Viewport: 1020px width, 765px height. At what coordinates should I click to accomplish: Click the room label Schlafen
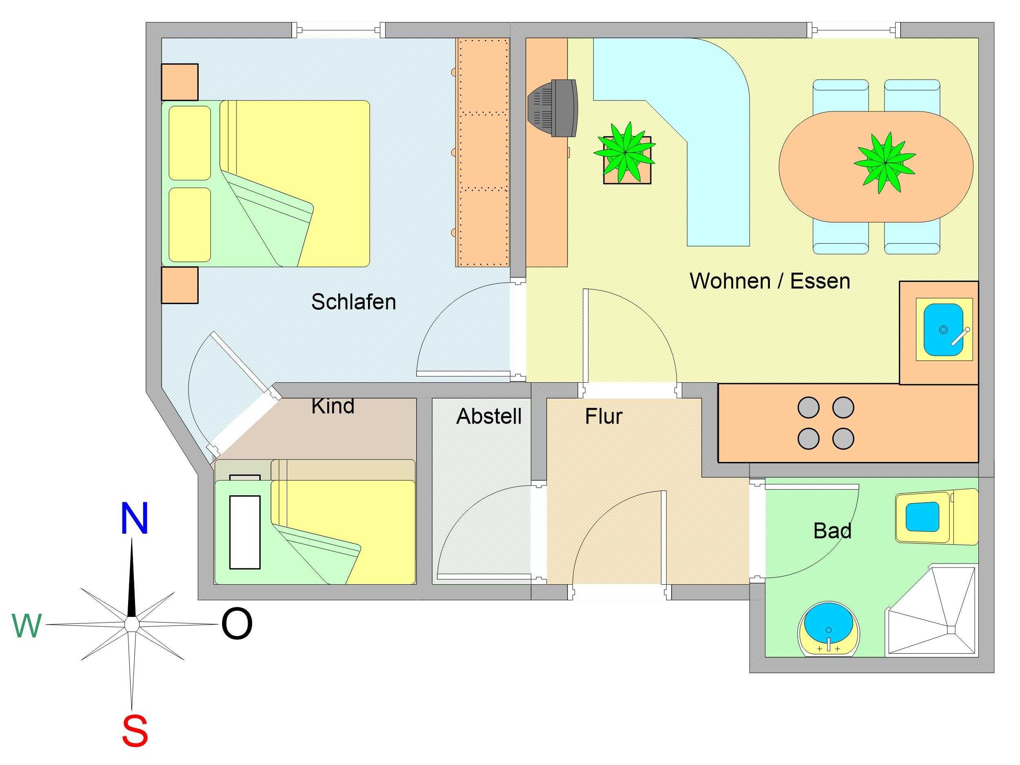354,302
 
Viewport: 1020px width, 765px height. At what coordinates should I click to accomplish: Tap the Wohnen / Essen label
769,281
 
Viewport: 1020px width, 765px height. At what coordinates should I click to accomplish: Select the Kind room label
333,406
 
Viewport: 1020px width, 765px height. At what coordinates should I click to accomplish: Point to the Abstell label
489,417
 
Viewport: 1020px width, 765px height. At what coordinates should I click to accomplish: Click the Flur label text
603,417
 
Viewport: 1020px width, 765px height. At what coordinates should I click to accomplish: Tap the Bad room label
832,531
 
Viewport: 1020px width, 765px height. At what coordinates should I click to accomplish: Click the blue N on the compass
134,519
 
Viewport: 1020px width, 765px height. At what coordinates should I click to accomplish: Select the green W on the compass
27,626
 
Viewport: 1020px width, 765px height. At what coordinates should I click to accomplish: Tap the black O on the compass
237,624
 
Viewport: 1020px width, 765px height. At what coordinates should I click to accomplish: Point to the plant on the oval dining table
885,162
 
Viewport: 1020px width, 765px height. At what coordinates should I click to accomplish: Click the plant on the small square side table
624,152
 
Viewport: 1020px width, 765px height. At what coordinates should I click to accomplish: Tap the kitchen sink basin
943,330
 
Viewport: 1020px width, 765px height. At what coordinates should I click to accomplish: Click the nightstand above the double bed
180,82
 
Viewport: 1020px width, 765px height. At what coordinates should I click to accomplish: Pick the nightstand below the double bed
180,285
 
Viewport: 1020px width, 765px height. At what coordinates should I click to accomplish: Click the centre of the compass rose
132,624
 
